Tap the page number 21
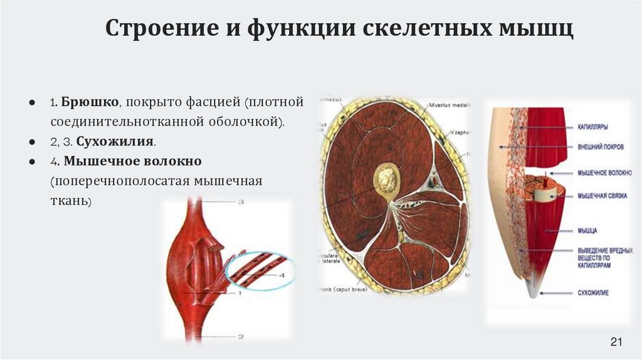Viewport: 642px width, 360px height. [615, 342]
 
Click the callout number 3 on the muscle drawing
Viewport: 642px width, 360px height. [240, 202]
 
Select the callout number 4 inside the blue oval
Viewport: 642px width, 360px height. [282, 275]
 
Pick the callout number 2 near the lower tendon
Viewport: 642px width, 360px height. [240, 337]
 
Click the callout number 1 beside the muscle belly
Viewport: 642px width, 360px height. [240, 293]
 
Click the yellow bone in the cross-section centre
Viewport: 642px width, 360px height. [387, 179]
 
